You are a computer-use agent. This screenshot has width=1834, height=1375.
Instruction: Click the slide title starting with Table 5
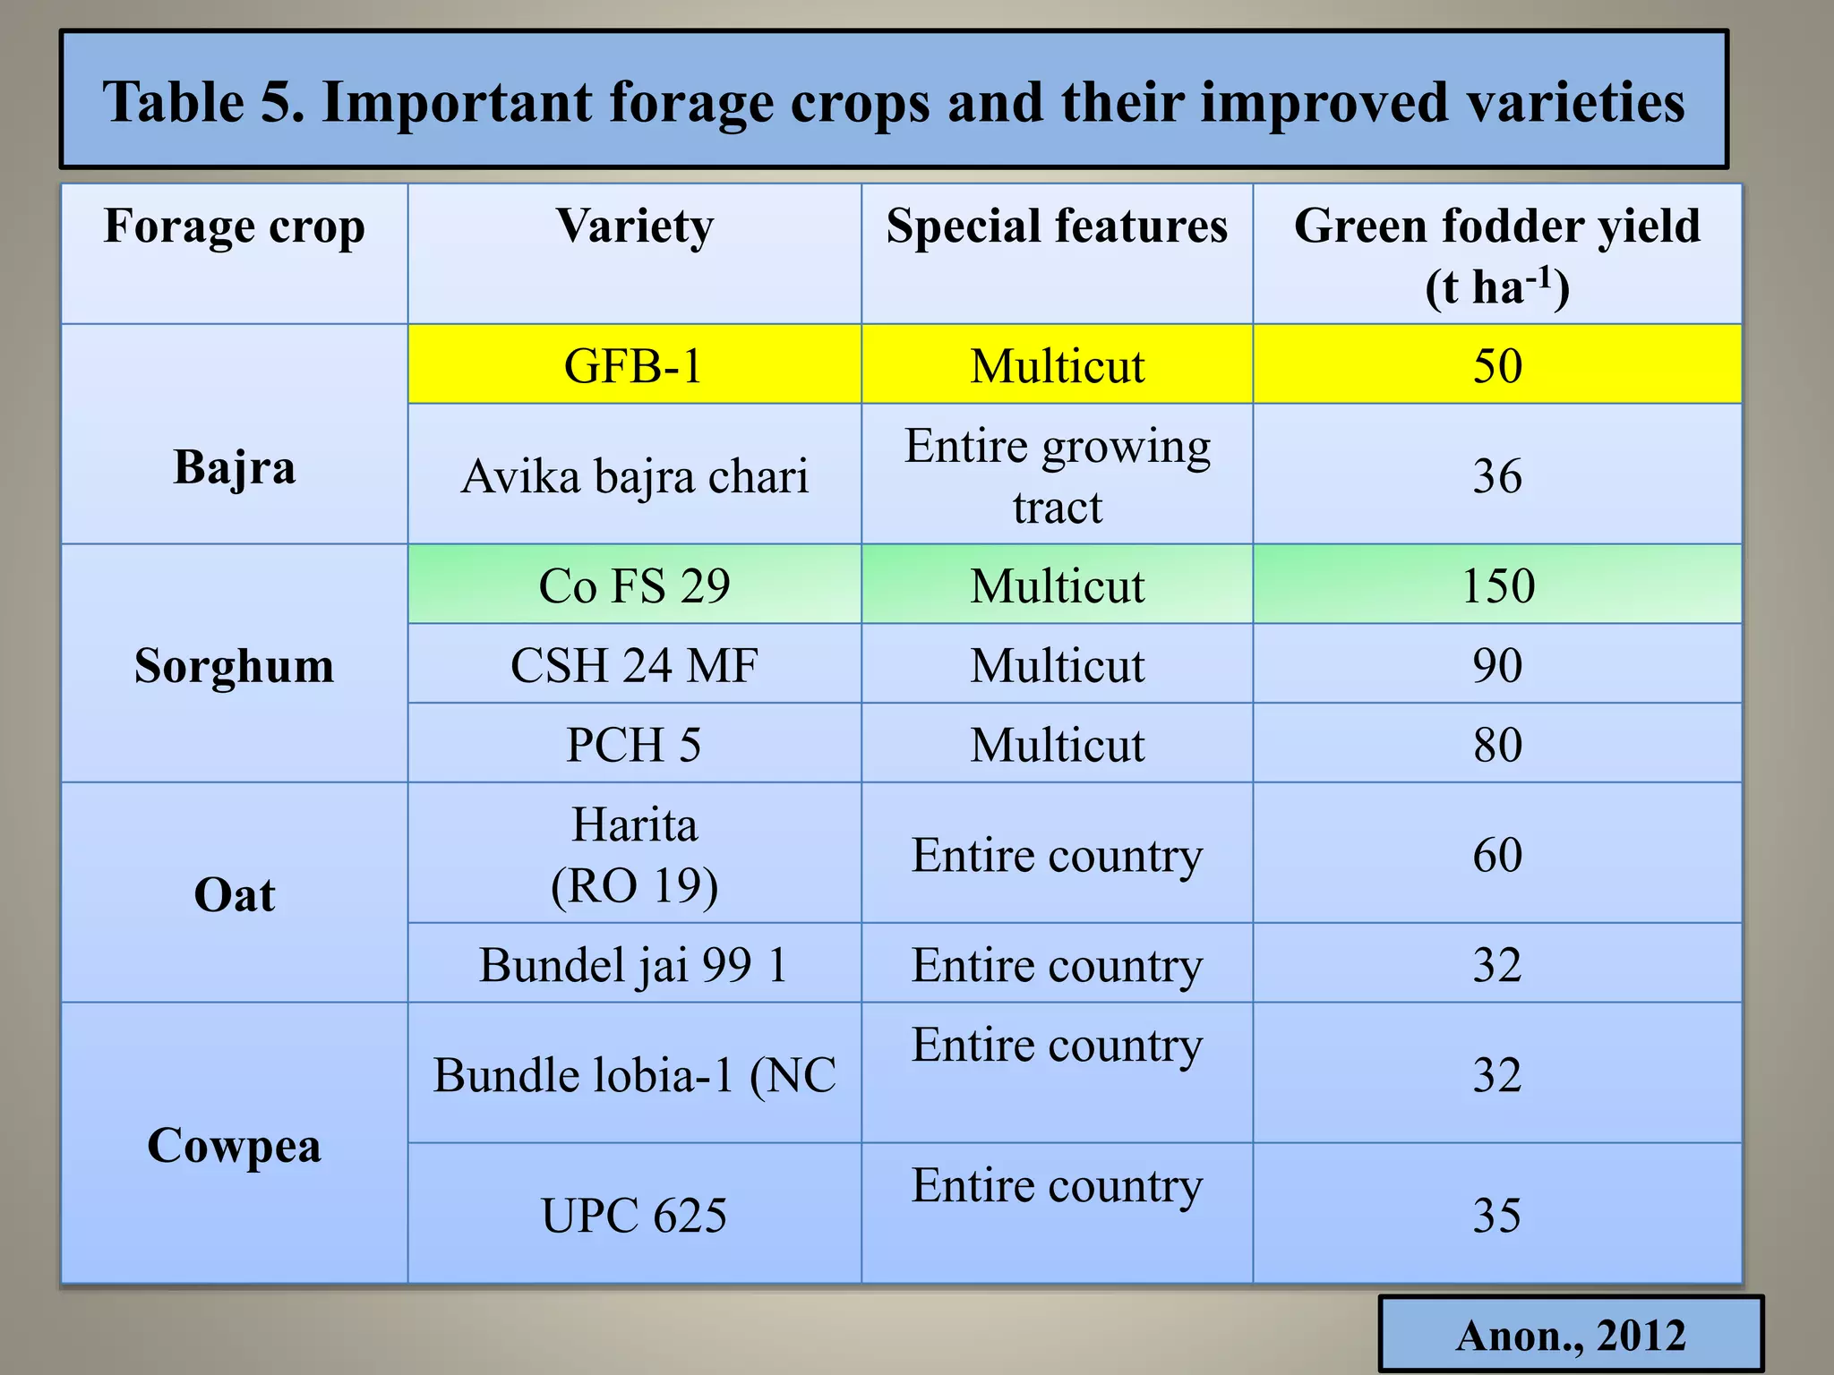(894, 101)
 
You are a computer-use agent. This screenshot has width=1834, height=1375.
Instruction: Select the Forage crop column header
(235, 226)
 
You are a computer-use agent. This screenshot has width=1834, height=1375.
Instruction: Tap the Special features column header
(1057, 226)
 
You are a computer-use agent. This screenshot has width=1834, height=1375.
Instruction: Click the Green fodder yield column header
(1497, 255)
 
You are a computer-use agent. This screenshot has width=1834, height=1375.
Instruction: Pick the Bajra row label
(235, 467)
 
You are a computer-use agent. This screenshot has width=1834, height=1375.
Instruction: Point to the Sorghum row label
(235, 666)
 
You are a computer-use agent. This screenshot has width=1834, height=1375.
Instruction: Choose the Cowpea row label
(235, 1146)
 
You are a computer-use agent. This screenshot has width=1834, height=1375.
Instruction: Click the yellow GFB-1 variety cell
(634, 366)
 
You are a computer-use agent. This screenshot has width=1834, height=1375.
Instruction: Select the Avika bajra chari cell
(634, 475)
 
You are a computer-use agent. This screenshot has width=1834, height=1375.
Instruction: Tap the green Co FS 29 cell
(634, 585)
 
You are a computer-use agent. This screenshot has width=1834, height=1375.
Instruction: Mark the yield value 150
(1497, 585)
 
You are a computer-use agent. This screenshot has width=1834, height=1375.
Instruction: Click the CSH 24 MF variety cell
(634, 665)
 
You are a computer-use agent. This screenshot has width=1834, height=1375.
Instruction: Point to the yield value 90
(1497, 665)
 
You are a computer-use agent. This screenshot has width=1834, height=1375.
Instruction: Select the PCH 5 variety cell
(634, 745)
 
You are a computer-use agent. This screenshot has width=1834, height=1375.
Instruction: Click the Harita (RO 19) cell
(634, 855)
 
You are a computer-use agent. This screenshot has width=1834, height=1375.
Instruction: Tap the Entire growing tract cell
(1057, 475)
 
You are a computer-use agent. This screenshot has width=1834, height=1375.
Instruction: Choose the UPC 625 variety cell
(634, 1215)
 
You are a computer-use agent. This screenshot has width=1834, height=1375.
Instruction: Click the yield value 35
(1497, 1215)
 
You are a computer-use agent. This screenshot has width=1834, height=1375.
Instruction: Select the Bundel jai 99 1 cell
(634, 965)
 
